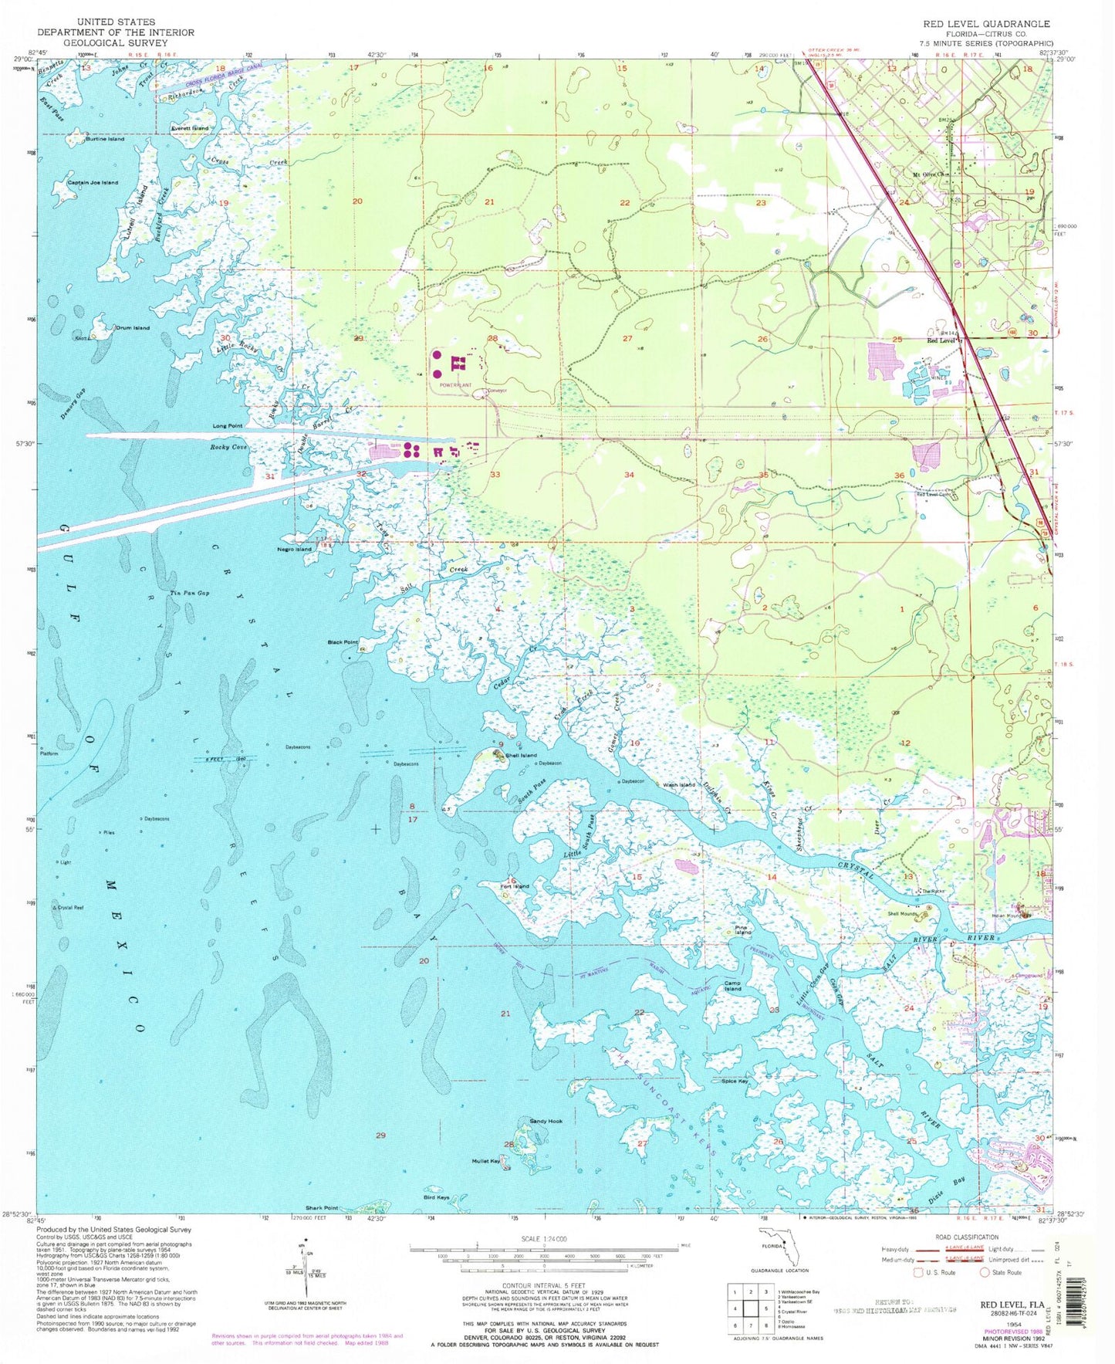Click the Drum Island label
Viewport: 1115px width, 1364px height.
pos(132,328)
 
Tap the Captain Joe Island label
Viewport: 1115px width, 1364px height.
pos(93,183)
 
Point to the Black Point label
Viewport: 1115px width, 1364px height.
pos(343,642)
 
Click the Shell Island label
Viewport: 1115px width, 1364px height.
pos(521,755)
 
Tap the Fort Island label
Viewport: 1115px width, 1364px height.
pos(515,886)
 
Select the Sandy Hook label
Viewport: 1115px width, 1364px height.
pos(546,1121)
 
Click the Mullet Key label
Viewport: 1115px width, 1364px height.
pos(487,1161)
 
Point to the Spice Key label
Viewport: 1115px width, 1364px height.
pos(734,1081)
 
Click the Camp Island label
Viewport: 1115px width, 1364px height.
pos(732,986)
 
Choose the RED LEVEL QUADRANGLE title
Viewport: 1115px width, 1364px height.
pos(986,24)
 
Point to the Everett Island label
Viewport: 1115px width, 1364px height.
pos(190,128)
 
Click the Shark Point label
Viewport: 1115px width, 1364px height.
pos(322,1208)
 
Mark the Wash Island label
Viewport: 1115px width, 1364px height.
pos(679,785)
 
